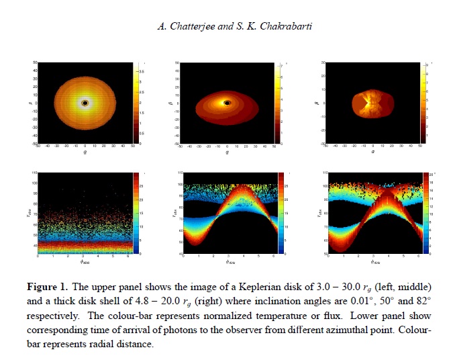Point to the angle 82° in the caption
[x=414, y=302]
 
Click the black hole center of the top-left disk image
[x=85, y=103]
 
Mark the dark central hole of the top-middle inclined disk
[x=228, y=103]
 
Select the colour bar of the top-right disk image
[x=421, y=103]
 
